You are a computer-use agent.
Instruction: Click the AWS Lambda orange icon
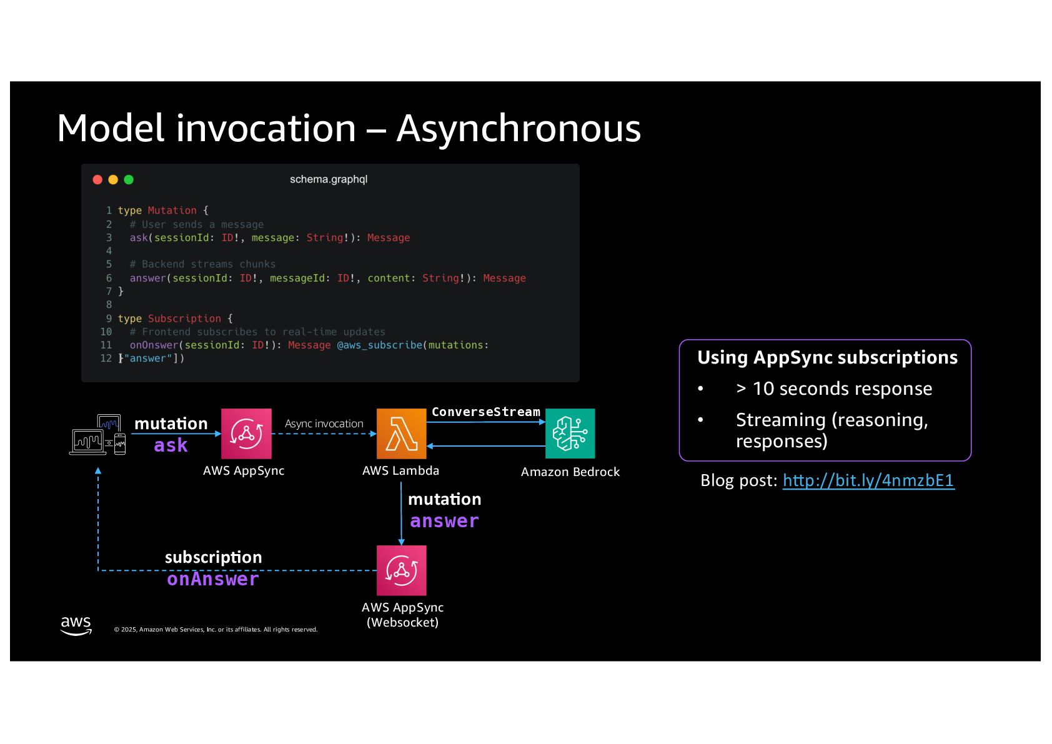point(401,434)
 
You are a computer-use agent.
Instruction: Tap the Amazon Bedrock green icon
point(570,434)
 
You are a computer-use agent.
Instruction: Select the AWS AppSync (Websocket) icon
point(401,570)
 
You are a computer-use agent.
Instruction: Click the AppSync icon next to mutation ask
point(246,434)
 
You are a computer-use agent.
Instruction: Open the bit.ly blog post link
point(868,480)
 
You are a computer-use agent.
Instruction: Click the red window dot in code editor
point(97,180)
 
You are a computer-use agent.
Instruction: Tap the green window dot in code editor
point(129,180)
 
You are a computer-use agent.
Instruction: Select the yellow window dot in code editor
point(113,180)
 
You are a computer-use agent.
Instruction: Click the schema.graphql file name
point(329,179)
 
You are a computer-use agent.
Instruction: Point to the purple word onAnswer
point(213,579)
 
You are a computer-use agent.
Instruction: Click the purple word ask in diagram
point(171,445)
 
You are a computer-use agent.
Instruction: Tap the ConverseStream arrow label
point(485,412)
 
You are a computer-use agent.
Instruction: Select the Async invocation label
point(324,424)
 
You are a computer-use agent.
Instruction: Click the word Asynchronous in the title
point(519,129)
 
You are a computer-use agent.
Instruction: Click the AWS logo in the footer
point(76,625)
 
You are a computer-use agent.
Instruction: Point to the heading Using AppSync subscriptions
point(827,357)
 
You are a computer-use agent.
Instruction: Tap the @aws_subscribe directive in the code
point(380,345)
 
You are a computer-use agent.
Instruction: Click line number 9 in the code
point(109,319)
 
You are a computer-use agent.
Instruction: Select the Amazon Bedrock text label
point(570,472)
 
